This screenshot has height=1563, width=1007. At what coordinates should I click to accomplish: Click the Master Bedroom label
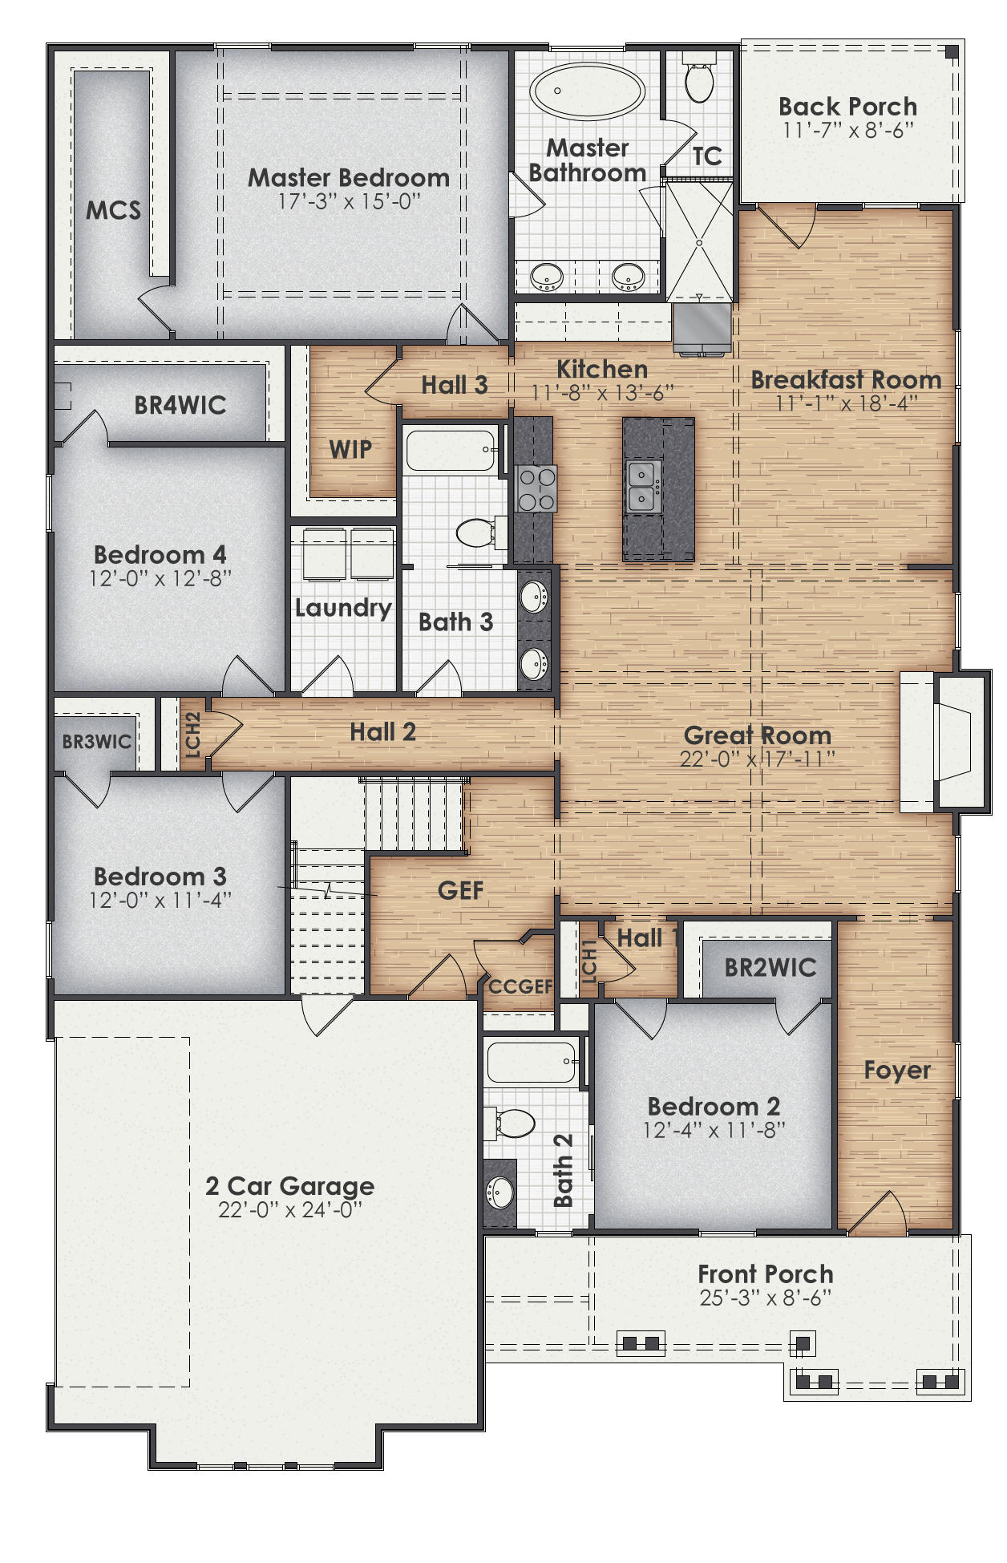tap(348, 177)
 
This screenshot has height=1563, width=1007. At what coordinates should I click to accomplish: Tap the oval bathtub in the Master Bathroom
tap(588, 93)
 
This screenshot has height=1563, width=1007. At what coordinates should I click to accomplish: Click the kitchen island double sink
tap(641, 486)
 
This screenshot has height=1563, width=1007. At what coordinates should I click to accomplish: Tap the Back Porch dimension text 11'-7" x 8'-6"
tap(847, 131)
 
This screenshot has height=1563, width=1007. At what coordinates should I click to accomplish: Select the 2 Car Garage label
tap(289, 1185)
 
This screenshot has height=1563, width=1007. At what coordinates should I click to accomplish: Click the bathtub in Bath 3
tap(451, 451)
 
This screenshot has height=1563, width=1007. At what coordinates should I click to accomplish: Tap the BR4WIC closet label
tap(180, 405)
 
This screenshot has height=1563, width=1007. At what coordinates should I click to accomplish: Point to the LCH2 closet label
tap(192, 735)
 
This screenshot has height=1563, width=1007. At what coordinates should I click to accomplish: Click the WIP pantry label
tap(350, 449)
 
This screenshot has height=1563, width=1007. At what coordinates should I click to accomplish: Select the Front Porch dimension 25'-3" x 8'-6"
tap(765, 1298)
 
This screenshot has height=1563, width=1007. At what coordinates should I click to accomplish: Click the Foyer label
tap(896, 1071)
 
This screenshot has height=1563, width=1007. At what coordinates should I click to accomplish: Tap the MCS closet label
tap(113, 210)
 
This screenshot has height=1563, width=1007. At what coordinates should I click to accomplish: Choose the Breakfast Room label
tap(846, 379)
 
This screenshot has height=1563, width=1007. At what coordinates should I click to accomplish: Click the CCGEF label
tap(520, 986)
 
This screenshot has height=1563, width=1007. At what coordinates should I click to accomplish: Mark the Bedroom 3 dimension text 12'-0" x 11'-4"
tap(160, 900)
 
